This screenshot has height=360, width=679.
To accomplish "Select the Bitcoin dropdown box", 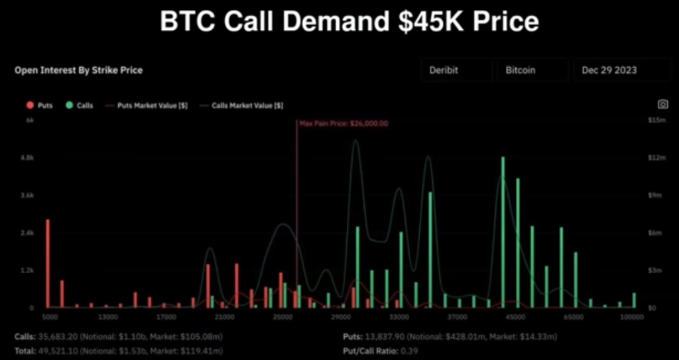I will [532, 70].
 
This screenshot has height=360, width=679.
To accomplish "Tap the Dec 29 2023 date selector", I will [613, 70].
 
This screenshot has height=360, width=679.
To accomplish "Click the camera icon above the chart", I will [662, 104].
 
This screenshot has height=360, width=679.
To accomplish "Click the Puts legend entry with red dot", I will [40, 105].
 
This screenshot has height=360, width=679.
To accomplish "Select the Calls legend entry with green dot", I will [80, 105].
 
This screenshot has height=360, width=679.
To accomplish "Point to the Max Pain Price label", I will [343, 123].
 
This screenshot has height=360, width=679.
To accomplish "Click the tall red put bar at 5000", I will [48, 263].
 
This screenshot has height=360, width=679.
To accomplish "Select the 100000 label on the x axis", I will [631, 318].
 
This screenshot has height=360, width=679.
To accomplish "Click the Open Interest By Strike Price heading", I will [78, 70].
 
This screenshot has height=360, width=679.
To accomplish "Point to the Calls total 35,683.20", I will [62, 337].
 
